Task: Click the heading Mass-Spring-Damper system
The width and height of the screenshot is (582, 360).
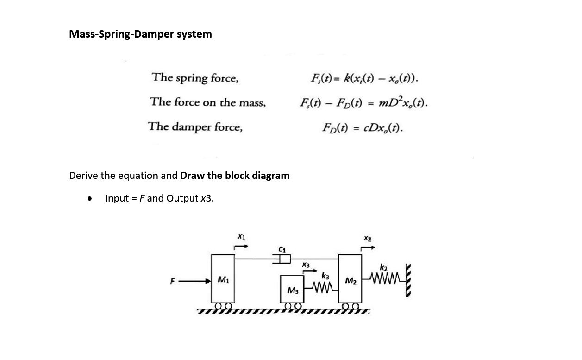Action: (x=140, y=34)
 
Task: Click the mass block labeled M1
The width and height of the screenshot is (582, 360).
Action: (x=223, y=279)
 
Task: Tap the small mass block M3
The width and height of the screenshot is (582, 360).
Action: (x=292, y=289)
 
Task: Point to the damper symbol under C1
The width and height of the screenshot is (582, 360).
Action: (x=281, y=259)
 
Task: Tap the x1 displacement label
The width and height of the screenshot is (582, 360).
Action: (x=240, y=237)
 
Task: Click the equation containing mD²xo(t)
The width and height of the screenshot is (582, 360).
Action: (x=363, y=102)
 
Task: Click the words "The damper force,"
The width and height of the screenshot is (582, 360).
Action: (x=195, y=126)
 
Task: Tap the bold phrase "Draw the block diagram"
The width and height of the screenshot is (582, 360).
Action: (x=235, y=176)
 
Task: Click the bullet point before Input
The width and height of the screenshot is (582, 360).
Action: (x=88, y=199)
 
